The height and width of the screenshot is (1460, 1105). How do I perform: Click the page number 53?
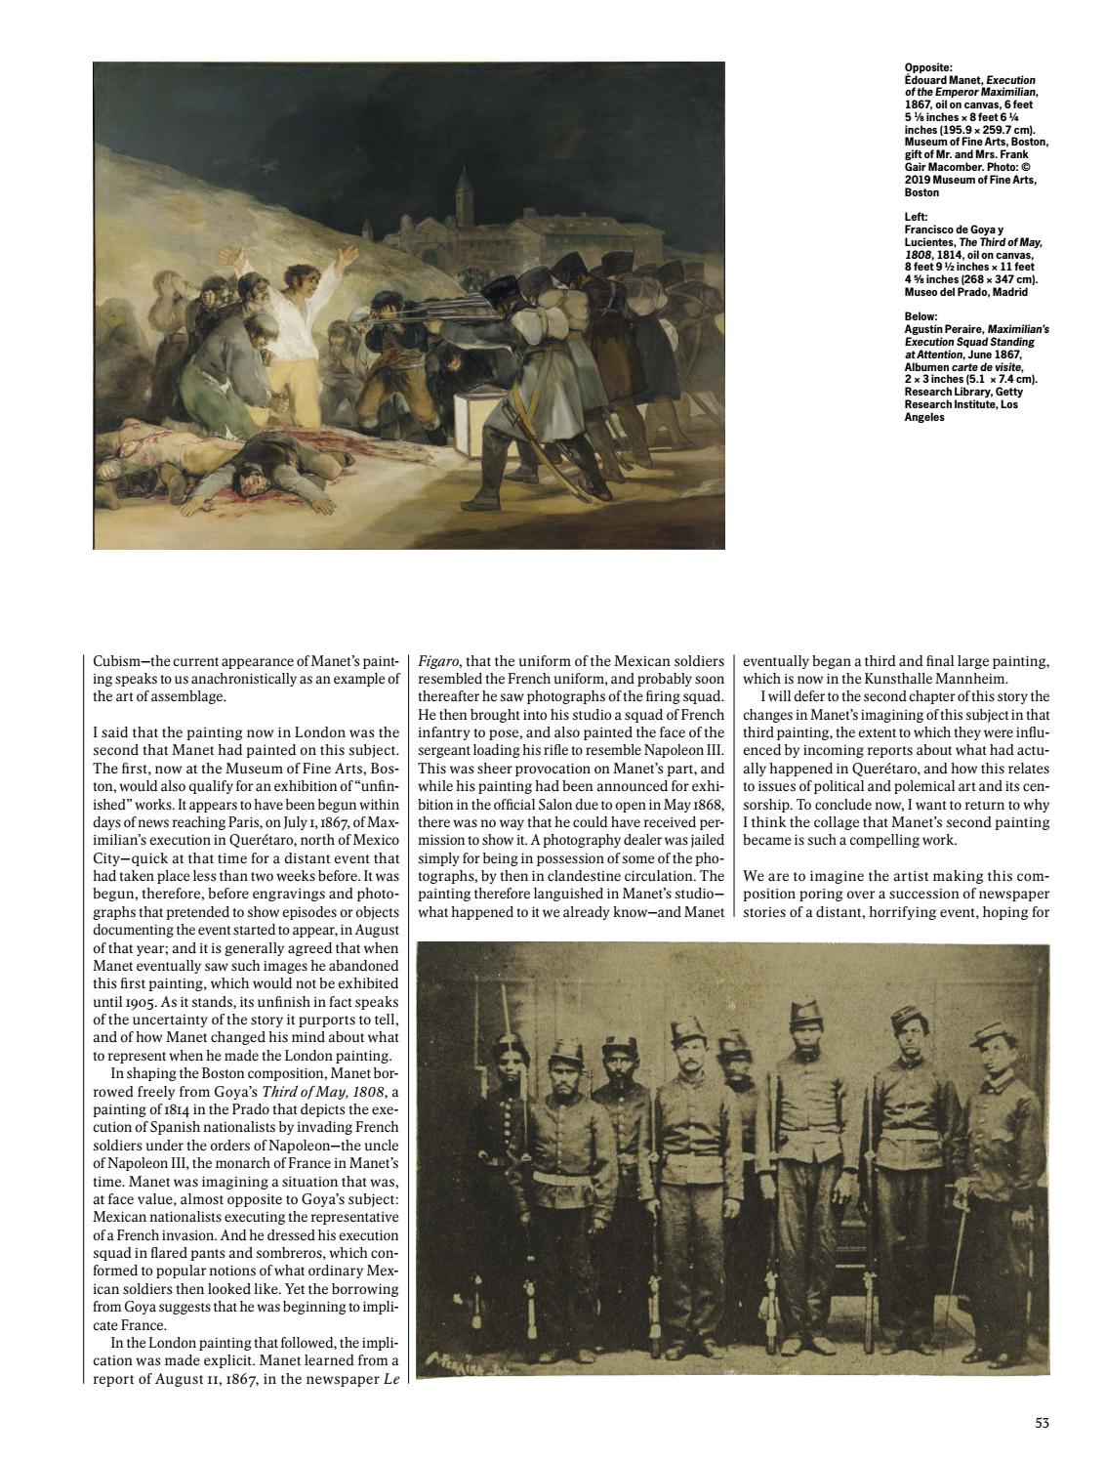coord(1042,1424)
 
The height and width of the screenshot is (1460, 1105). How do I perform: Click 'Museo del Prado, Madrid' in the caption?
coord(966,291)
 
